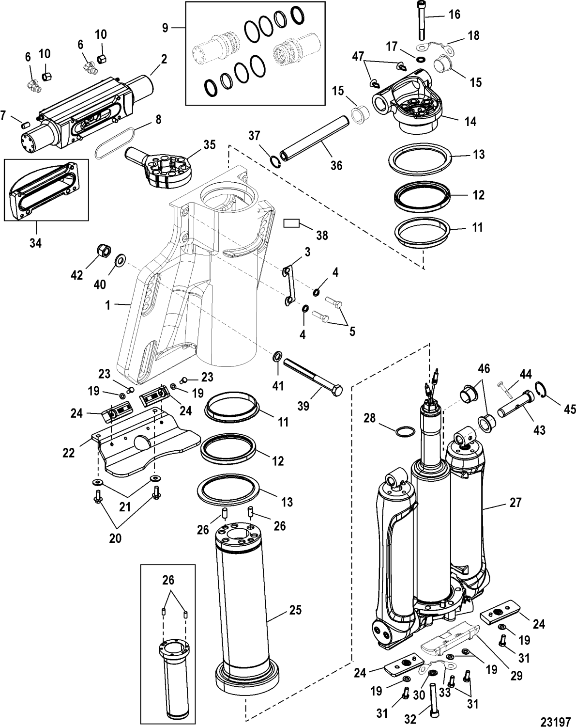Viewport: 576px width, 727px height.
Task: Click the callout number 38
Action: tap(321, 236)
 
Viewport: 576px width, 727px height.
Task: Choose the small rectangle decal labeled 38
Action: tap(292, 223)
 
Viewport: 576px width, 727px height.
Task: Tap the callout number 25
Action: tap(293, 610)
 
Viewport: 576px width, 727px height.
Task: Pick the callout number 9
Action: tap(166, 28)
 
